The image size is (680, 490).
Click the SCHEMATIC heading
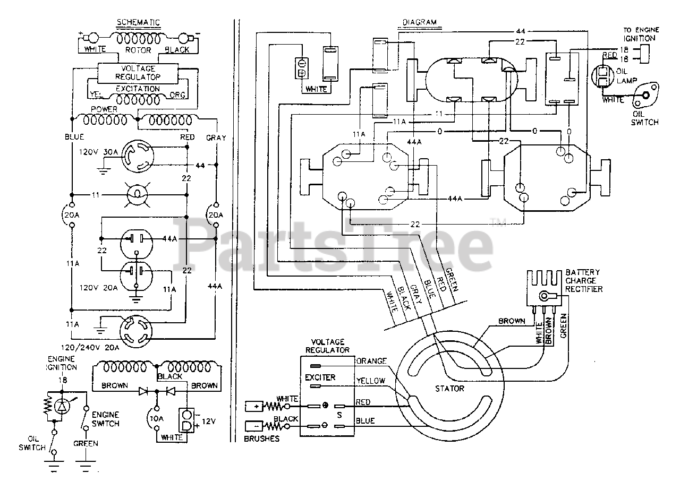point(139,22)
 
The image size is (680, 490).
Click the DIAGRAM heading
point(420,22)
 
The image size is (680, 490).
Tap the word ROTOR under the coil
point(138,50)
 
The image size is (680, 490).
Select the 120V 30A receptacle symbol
point(138,156)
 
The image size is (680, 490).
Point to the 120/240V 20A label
point(90,348)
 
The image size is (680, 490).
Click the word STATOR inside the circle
point(449,389)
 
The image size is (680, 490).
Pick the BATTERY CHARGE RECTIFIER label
point(583,281)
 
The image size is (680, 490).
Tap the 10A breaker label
point(156,419)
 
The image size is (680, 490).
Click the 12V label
point(209,422)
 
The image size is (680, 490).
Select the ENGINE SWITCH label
point(105,419)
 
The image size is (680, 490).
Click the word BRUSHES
point(262,439)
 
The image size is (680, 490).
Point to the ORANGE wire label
point(371,361)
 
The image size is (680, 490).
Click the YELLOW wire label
point(371,381)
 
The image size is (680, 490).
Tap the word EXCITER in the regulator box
point(320,377)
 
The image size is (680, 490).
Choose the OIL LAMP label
point(626,76)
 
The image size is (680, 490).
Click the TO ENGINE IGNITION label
point(641,35)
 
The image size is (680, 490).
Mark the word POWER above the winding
point(104,109)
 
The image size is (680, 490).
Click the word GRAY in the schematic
point(216,137)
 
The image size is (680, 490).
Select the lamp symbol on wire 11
point(137,195)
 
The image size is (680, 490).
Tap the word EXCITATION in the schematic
point(138,89)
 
